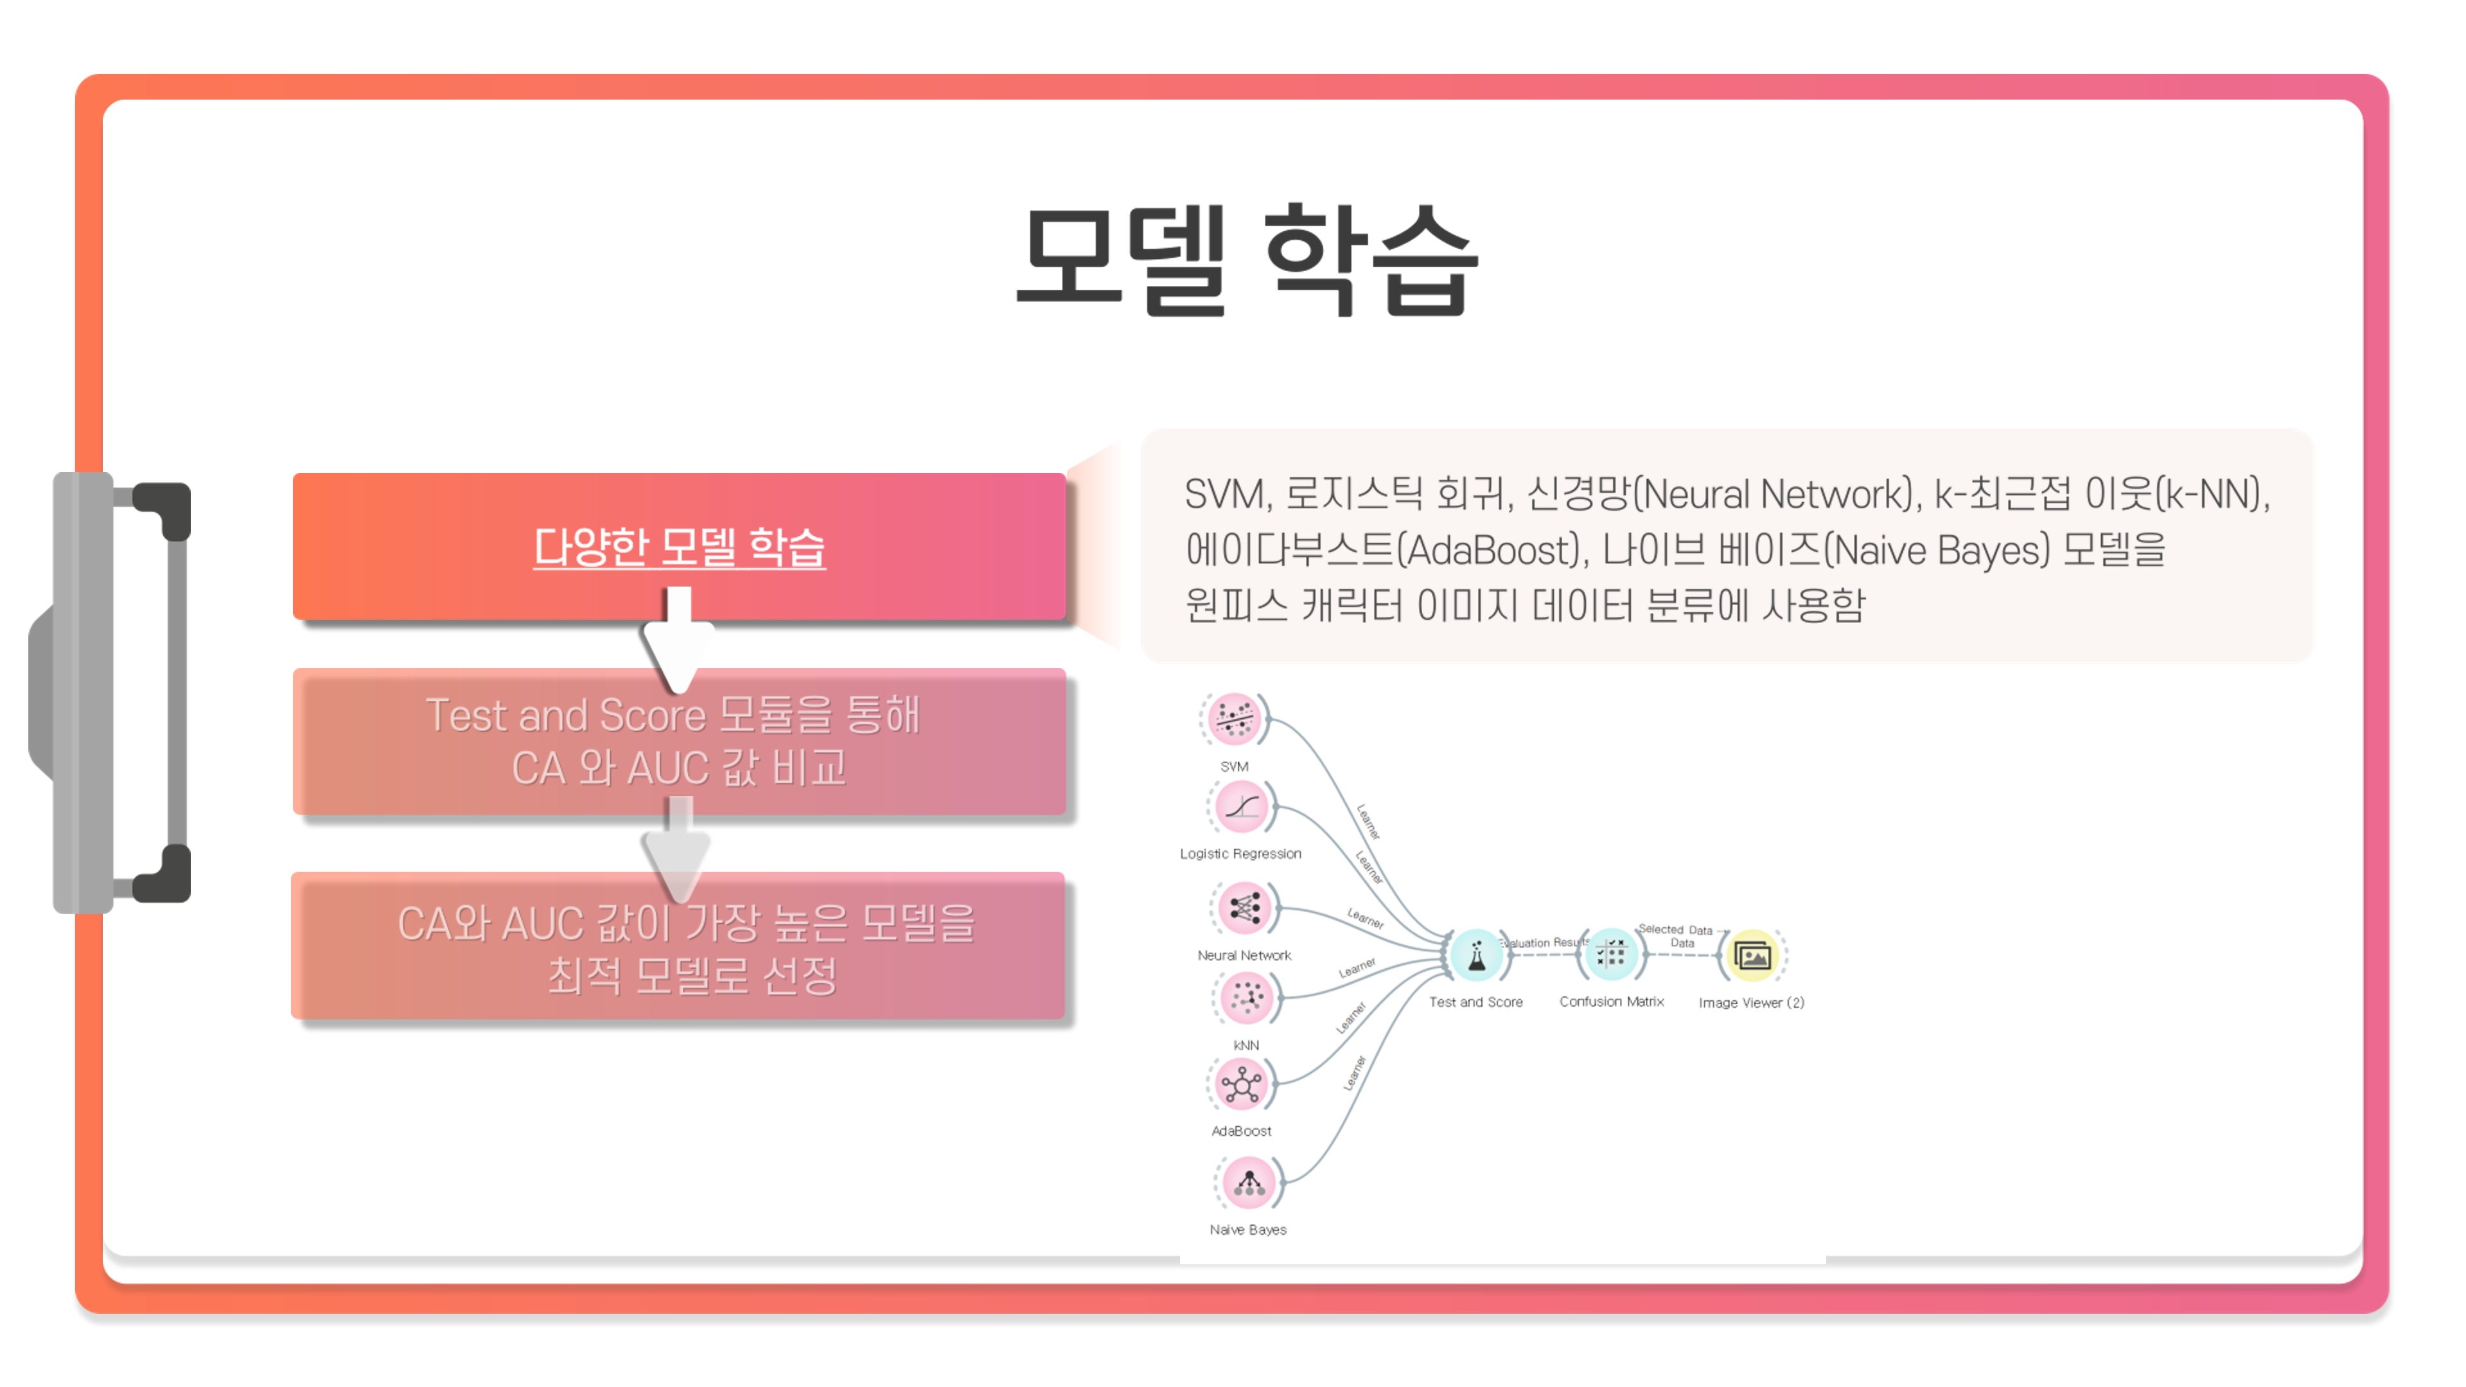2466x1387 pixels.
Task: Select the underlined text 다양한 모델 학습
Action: (679, 547)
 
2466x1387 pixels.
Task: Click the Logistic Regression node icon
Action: (1242, 806)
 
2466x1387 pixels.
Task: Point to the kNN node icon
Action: (1246, 998)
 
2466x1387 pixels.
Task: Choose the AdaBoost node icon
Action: (1242, 1084)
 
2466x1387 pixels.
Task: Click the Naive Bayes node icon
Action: (1248, 1183)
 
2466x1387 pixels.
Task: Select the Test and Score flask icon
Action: (1475, 955)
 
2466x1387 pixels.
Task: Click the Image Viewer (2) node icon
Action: (1752, 955)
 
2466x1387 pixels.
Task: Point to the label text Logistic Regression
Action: (1240, 854)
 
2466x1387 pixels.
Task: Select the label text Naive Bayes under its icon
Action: (1247, 1230)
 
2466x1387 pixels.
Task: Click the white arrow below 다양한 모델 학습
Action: (679, 639)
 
